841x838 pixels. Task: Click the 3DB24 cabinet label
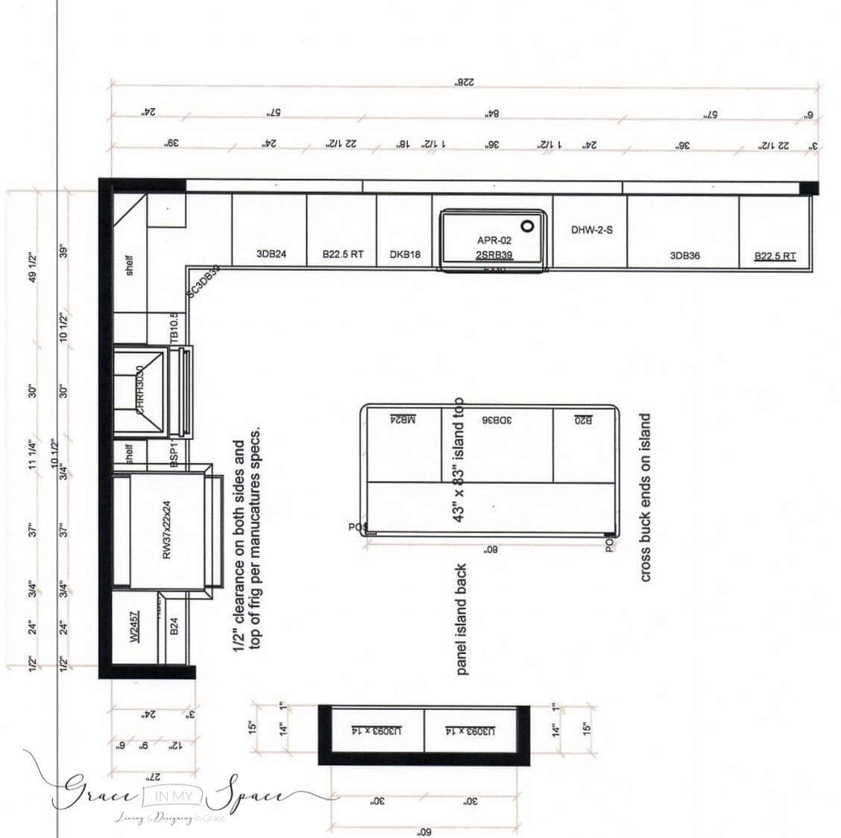pyautogui.click(x=271, y=254)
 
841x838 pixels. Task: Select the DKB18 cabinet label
pyautogui.click(x=405, y=255)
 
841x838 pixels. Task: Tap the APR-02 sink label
pyautogui.click(x=494, y=241)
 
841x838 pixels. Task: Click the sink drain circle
pyautogui.click(x=528, y=226)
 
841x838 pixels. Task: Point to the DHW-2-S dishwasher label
pyautogui.click(x=592, y=230)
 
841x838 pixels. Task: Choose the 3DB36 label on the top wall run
pyautogui.click(x=684, y=256)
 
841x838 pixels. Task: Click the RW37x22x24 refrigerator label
pyautogui.click(x=167, y=529)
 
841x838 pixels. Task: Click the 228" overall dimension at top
pyautogui.click(x=464, y=84)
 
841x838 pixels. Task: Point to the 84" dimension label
pyautogui.click(x=491, y=114)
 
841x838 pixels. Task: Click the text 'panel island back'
pyautogui.click(x=462, y=619)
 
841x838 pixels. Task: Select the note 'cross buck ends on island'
pyautogui.click(x=646, y=497)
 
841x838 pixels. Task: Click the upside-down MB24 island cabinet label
pyautogui.click(x=403, y=420)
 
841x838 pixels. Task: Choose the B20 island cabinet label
pyautogui.click(x=584, y=420)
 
